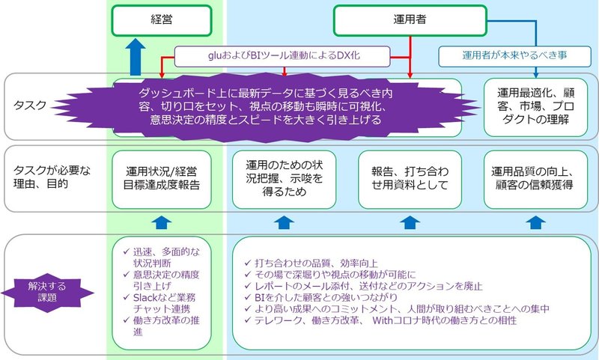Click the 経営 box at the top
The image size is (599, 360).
coord(162,20)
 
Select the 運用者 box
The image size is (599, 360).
coord(410,20)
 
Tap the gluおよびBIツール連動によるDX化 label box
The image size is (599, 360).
coord(282,56)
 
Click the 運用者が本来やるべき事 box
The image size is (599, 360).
coord(514,56)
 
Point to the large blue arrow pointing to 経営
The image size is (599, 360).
coord(136,58)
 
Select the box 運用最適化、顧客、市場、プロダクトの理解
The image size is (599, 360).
coord(535,107)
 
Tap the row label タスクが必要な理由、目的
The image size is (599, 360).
coord(52,177)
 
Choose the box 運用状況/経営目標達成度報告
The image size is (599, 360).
coord(162,180)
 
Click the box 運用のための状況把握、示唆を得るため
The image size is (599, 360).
coord(285,180)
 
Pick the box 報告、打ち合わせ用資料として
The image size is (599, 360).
coord(410,180)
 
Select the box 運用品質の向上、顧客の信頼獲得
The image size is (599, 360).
coord(535,180)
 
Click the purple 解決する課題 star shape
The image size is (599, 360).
coord(47,293)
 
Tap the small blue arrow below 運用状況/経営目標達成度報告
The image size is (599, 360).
coord(162,222)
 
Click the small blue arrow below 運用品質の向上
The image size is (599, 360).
coord(535,222)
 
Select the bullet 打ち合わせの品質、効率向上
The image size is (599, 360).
coord(316,263)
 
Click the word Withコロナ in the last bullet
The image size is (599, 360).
coord(396,320)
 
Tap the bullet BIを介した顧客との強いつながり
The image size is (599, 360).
coord(326,297)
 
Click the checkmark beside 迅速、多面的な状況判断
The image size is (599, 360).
coord(126,252)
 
